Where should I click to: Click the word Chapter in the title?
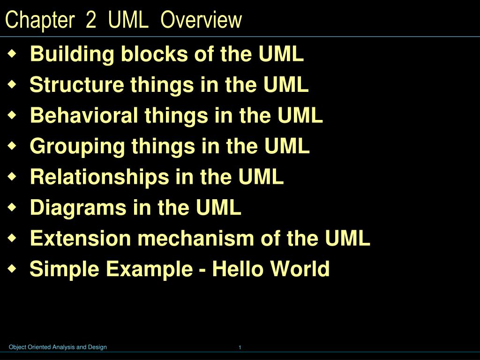point(40,20)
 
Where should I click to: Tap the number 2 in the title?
point(90,20)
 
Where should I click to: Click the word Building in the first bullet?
point(72,55)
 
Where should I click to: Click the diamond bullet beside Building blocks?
point(12,54)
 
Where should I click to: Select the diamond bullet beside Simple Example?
point(12,269)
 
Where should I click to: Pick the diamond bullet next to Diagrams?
point(12,207)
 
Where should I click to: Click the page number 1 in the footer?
point(240,347)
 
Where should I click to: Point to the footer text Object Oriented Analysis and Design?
point(58,347)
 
